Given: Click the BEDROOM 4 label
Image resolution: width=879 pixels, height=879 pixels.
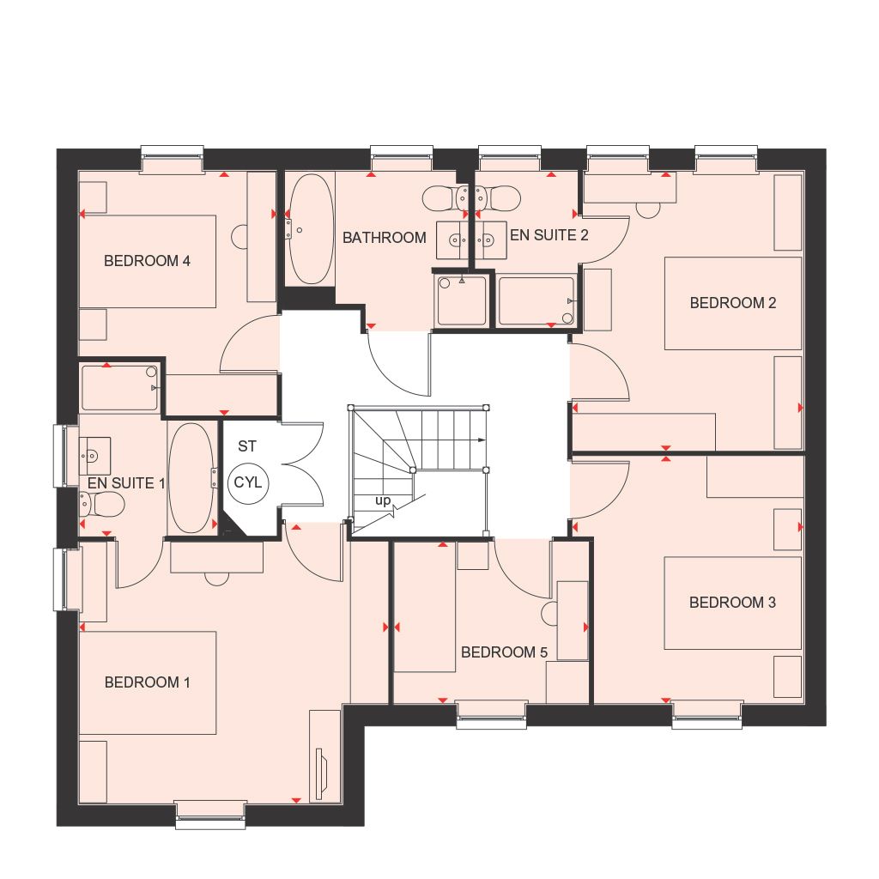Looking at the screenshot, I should coord(147,261).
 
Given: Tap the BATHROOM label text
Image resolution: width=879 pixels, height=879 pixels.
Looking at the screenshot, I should coord(384,238).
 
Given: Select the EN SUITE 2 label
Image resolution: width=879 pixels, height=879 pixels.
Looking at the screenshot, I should coord(549,234).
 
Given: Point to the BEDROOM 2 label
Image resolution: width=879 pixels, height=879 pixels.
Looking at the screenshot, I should coord(733,303).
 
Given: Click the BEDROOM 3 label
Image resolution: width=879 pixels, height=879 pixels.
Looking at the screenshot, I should coord(732,603).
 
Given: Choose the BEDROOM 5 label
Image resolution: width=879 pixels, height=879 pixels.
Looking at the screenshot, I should coord(504,652).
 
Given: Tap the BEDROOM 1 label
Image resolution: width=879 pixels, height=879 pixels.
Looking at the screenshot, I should coord(147,682).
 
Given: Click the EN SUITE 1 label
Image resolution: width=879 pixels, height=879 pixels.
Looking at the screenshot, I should coord(126,483).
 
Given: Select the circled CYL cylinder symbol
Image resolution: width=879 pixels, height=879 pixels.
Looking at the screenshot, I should coord(248,483).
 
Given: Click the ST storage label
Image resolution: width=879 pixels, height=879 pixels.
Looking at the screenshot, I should coord(247,446).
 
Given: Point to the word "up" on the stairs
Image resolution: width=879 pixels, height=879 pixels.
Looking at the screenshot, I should coord(383,500).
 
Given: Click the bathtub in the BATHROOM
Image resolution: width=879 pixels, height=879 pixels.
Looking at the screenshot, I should coord(306,229).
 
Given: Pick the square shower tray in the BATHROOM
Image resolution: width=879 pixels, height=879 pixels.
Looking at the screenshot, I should coord(461,300).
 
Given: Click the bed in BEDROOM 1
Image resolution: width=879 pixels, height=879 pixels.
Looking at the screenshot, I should coord(147,682).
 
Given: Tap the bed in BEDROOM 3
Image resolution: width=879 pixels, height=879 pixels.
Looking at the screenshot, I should coord(732,603).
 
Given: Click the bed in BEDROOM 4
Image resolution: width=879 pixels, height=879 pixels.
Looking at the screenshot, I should coord(147,261).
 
